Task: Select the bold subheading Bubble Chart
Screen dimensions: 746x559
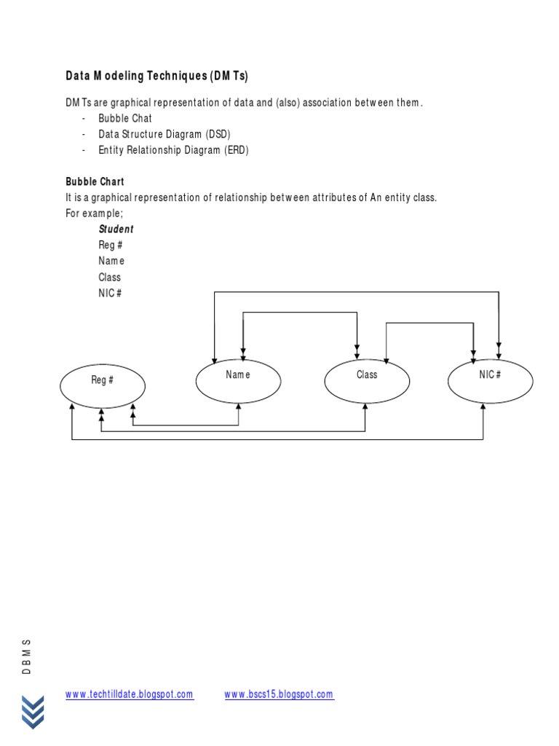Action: click(x=95, y=181)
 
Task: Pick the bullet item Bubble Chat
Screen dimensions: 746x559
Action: click(x=125, y=118)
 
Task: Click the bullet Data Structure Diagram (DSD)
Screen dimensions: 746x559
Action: click(x=164, y=134)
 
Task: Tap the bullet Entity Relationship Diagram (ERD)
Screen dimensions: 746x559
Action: click(x=173, y=150)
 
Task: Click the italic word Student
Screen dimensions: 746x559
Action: click(x=116, y=229)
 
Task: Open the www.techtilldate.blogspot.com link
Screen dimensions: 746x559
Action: click(x=130, y=695)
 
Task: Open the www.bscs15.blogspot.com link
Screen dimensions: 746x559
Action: click(x=279, y=695)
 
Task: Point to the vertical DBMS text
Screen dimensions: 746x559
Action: click(x=27, y=656)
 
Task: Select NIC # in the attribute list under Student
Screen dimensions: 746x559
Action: click(x=110, y=293)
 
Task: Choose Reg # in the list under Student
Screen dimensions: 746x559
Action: click(x=110, y=246)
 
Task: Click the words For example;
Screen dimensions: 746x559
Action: click(x=94, y=213)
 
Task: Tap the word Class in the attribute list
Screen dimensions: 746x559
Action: click(x=110, y=277)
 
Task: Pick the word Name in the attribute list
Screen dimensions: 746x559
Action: click(x=111, y=261)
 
